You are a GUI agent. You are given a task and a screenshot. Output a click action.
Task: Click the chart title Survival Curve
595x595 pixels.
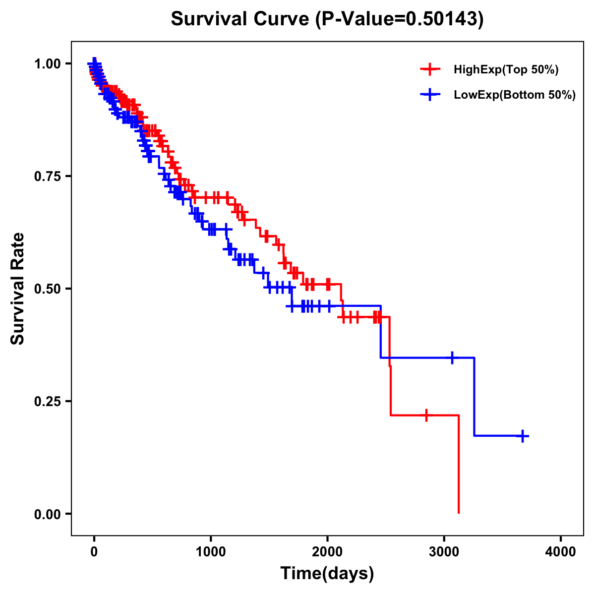[x=327, y=19]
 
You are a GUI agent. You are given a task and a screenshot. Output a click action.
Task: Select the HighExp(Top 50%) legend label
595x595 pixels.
[x=506, y=70]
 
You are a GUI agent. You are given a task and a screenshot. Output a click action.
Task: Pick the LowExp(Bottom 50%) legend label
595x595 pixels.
[x=515, y=95]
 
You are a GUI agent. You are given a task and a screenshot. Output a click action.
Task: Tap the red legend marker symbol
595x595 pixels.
[x=430, y=69]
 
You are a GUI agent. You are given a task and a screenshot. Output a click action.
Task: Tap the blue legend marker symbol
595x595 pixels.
[x=430, y=95]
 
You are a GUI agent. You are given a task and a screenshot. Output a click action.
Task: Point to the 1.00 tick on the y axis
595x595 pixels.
[x=48, y=63]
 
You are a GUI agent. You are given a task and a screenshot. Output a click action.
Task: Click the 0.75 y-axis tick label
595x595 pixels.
[x=48, y=176]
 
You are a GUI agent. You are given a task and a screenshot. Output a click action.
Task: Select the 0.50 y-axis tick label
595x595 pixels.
[x=48, y=289]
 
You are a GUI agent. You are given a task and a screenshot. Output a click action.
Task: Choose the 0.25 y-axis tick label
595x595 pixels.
[x=48, y=401]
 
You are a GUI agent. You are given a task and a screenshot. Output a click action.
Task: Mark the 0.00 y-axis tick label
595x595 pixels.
[x=48, y=514]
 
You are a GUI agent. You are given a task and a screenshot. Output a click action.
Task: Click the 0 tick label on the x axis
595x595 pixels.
[x=94, y=552]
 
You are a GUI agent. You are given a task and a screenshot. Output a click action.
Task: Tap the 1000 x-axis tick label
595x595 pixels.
[x=211, y=552]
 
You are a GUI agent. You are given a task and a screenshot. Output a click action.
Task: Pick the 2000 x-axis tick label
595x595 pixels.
[x=327, y=552]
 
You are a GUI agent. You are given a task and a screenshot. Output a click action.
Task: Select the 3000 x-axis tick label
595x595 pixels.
[x=444, y=552]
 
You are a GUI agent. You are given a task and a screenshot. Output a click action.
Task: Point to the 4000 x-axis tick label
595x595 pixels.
[x=561, y=552]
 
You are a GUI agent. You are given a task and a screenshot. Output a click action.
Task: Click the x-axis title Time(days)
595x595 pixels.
[x=327, y=574]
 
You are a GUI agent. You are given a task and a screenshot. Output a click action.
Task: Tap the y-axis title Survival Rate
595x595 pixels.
[x=18, y=289]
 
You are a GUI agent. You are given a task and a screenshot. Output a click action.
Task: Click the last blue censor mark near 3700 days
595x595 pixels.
[x=523, y=436]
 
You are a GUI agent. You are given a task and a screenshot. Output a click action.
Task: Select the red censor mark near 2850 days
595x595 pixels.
[x=426, y=415]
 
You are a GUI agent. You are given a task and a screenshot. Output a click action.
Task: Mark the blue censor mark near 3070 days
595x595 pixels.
[x=452, y=357]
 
